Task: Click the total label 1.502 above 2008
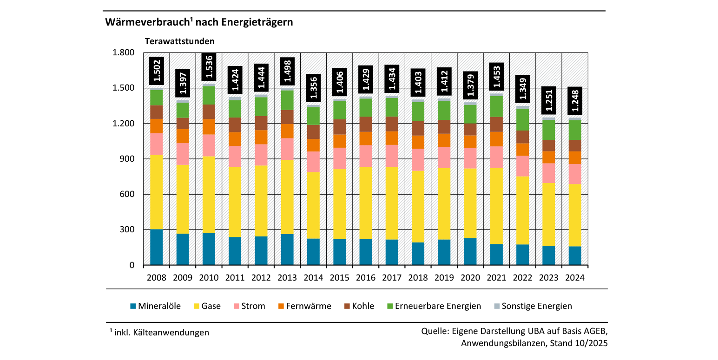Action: (x=157, y=71)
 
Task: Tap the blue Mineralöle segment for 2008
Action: (x=157, y=247)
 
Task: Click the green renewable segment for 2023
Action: (x=549, y=130)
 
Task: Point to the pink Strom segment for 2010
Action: (x=209, y=145)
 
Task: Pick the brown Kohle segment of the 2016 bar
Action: (x=366, y=124)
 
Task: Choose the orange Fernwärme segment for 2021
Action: (x=497, y=139)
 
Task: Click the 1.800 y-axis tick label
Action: (x=124, y=52)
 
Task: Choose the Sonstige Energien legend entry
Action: (x=537, y=306)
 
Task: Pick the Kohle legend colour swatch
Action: (x=346, y=306)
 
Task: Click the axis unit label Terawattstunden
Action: (x=179, y=41)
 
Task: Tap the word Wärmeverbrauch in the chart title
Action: (x=145, y=22)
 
